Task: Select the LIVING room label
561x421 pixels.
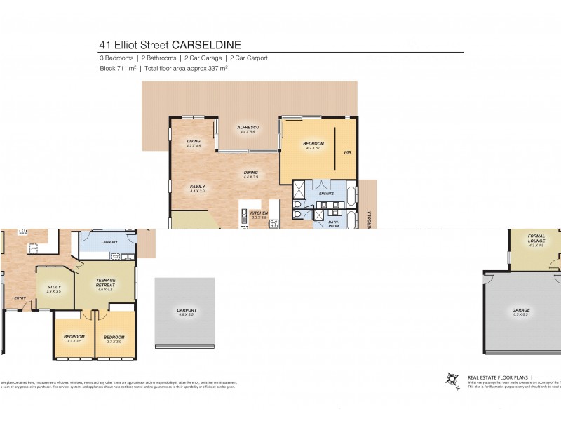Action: (194, 141)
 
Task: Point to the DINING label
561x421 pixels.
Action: (250, 172)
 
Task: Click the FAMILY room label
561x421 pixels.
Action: (197, 186)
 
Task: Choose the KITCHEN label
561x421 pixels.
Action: (259, 213)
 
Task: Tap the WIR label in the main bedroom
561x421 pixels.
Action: (346, 152)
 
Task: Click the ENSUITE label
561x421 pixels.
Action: (326, 193)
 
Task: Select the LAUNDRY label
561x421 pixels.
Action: (109, 242)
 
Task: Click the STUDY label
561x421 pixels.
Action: (54, 286)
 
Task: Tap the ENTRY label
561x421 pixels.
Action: (20, 298)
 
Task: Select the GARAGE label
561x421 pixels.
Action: (520, 309)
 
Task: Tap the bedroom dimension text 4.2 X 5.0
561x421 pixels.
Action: (312, 148)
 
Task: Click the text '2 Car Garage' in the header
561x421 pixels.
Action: (203, 58)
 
